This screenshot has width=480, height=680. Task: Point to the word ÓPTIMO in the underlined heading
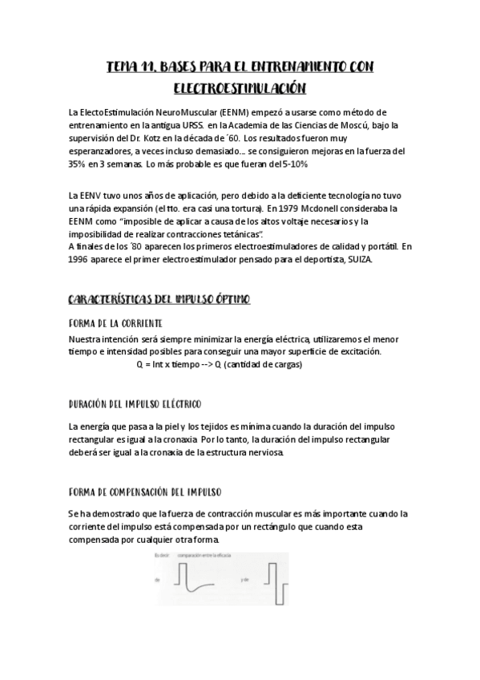(230, 299)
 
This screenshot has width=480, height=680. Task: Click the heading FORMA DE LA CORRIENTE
(115, 322)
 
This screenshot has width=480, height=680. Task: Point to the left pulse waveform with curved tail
(196, 579)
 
